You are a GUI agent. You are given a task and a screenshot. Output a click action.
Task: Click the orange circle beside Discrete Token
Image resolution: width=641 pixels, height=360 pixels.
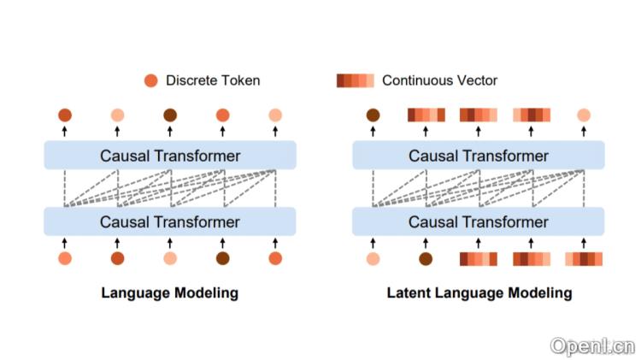point(151,80)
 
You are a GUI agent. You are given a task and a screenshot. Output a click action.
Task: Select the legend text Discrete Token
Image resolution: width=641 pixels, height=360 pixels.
point(213,80)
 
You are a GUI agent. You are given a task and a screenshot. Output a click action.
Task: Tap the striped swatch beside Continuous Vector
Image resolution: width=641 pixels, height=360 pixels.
point(356,80)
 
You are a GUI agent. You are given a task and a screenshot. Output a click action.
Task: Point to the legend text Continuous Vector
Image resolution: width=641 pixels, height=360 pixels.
point(439,80)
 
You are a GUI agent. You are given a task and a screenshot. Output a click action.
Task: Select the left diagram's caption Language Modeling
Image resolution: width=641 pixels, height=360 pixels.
point(169,292)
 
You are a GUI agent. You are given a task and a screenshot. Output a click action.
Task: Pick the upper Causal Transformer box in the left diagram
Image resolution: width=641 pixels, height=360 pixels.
point(169,156)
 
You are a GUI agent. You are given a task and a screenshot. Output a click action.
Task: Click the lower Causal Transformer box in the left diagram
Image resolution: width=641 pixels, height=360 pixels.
point(169,222)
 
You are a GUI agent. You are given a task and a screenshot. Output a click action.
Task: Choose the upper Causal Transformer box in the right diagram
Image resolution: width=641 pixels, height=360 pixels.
point(479,156)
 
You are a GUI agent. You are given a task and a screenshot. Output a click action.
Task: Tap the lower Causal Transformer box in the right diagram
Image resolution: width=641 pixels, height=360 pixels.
point(479,222)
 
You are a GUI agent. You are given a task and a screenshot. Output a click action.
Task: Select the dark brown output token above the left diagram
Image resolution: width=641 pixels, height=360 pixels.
point(170,115)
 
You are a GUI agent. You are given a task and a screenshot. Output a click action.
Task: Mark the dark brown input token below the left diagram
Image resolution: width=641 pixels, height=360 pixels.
point(222,258)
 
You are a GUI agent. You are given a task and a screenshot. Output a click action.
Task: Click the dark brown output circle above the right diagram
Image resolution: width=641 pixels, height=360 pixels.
point(373,115)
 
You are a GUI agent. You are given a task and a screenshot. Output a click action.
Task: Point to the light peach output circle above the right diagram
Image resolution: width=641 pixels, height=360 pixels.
point(584,115)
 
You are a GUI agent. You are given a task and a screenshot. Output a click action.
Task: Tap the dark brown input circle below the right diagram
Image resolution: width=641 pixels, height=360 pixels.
point(426,258)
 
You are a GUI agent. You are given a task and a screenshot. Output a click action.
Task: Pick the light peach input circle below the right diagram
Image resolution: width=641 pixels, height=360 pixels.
point(373,258)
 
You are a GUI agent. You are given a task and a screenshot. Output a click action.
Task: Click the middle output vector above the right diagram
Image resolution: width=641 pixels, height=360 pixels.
point(479,115)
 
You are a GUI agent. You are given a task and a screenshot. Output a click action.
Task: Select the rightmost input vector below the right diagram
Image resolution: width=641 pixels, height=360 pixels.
point(584,258)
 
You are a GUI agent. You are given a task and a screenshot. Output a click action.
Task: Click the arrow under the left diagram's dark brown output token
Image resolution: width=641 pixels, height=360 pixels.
point(170,131)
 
